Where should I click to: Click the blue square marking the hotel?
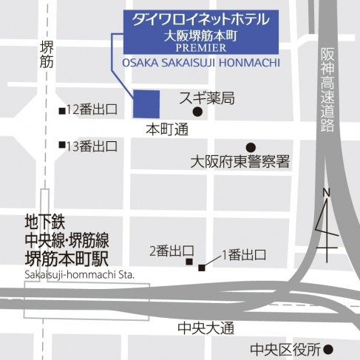[x=147, y=103]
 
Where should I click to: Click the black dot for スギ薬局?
[x=197, y=112]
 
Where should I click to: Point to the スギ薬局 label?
[x=207, y=97]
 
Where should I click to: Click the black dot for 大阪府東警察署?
[x=251, y=147]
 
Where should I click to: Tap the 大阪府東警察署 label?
[x=239, y=161]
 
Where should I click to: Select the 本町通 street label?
[x=166, y=129]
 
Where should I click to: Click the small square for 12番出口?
[x=62, y=111]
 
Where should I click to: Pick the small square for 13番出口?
[x=62, y=146]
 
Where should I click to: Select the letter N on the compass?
[x=326, y=194]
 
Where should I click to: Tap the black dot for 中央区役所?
[x=329, y=349]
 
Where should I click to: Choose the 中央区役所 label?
[x=285, y=349]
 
